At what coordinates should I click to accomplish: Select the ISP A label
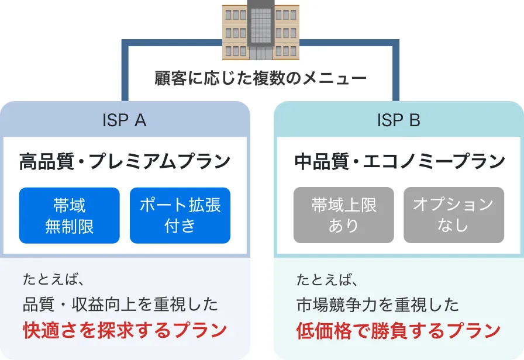[x=124, y=120]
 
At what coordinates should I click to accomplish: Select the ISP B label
[x=399, y=120]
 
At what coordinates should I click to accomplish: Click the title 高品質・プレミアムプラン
[x=125, y=161]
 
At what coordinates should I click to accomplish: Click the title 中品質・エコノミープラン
[x=399, y=161]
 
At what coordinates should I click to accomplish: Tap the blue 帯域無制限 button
[x=69, y=215]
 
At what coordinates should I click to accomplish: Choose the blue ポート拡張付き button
[x=180, y=215]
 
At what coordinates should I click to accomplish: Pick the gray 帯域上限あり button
[x=344, y=215]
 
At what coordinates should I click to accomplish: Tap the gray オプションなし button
[x=454, y=215]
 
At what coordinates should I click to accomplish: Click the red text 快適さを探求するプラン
[x=125, y=330]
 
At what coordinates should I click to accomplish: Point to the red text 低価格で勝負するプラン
[x=398, y=330]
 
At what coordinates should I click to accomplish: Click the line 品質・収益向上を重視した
[x=120, y=304]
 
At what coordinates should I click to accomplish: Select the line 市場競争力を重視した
[x=377, y=304]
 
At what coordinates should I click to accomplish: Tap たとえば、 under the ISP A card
[x=50, y=279]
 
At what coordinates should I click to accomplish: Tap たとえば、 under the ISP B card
[x=325, y=279]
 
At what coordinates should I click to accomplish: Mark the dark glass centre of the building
[x=260, y=26]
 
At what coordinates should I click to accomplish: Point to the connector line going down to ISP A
[x=125, y=70]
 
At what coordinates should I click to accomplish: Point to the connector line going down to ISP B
[x=396, y=70]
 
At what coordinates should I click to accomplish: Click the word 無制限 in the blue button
[x=69, y=226]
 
